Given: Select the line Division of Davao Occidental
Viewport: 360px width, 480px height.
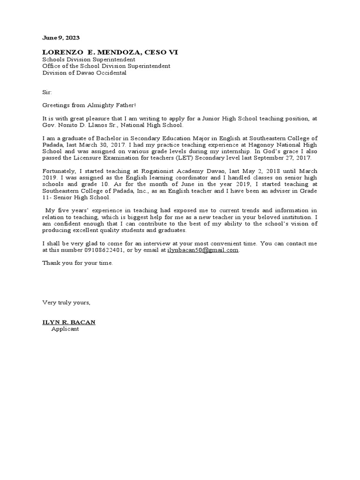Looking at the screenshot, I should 84,73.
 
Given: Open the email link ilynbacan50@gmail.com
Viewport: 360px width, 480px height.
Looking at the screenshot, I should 203,250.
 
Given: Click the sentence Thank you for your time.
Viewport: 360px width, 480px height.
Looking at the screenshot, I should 78,263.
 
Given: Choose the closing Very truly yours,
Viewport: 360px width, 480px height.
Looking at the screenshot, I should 67,302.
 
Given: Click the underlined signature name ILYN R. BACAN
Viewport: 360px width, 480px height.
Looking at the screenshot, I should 69,322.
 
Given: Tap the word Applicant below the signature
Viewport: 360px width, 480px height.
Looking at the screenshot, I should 65,329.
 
